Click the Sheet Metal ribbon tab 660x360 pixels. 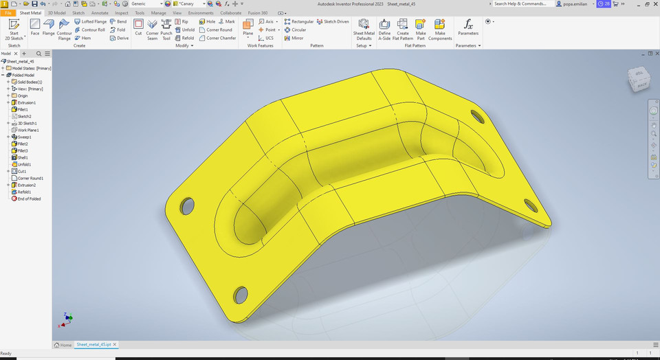tap(30, 12)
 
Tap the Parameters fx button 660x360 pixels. tap(468, 27)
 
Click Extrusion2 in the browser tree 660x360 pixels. tap(26, 185)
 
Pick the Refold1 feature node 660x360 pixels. tap(24, 192)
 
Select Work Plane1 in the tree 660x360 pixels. tap(27, 130)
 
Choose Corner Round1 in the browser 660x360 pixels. tap(30, 178)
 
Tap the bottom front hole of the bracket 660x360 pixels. tap(241, 294)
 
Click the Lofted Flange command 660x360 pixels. tap(91, 21)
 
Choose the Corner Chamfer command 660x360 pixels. tap(221, 38)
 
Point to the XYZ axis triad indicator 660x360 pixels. tap(67, 318)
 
